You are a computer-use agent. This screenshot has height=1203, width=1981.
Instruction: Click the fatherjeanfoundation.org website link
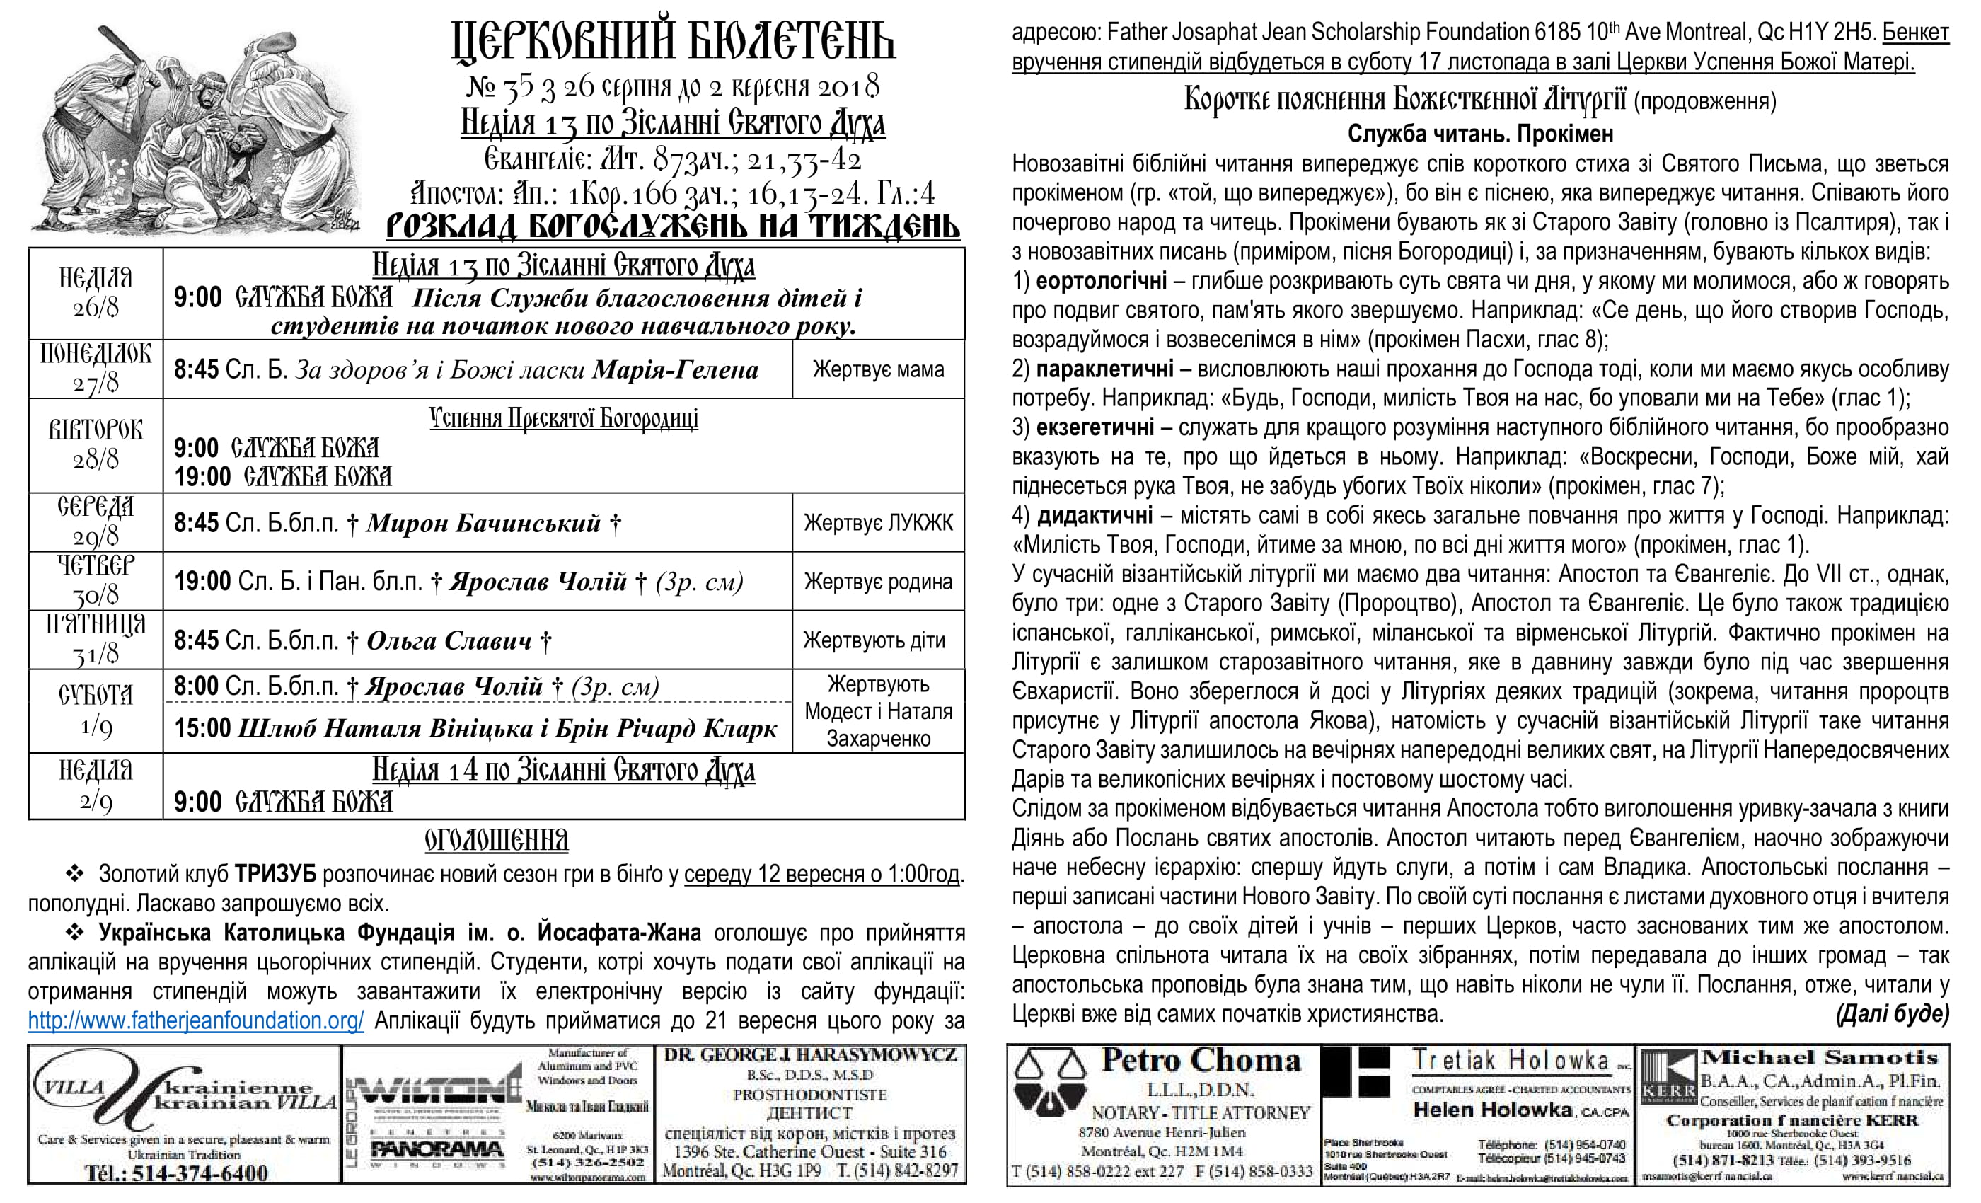[195, 1020]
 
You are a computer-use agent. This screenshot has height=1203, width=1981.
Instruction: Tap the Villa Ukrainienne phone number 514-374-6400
[176, 1173]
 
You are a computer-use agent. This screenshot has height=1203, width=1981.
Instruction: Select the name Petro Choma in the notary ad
[1201, 1061]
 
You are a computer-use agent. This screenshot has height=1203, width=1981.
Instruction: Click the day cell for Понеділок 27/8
[96, 368]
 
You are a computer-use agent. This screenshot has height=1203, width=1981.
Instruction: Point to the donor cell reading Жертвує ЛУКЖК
[878, 523]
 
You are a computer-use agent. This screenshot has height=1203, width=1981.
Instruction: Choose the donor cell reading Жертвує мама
[878, 369]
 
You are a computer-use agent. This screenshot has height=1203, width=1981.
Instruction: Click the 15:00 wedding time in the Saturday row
[202, 727]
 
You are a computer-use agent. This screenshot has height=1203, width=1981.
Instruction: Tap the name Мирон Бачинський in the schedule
[483, 524]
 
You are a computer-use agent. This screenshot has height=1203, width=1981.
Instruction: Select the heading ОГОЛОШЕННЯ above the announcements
[496, 841]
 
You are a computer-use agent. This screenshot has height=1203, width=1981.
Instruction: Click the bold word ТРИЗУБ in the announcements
[275, 874]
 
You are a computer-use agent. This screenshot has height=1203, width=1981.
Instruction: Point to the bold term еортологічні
[1101, 281]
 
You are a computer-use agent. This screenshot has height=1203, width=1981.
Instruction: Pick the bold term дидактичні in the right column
[1095, 514]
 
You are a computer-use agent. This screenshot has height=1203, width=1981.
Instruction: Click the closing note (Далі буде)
[1892, 1014]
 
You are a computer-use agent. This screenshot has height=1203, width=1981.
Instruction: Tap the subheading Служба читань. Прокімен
[1480, 134]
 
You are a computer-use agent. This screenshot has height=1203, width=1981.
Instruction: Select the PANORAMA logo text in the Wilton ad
[437, 1149]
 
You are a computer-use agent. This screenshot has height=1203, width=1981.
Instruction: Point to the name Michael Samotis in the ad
[1818, 1057]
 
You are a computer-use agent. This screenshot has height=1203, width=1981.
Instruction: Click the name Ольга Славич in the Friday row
[449, 641]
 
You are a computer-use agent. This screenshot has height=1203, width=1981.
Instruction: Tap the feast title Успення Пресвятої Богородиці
[564, 418]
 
